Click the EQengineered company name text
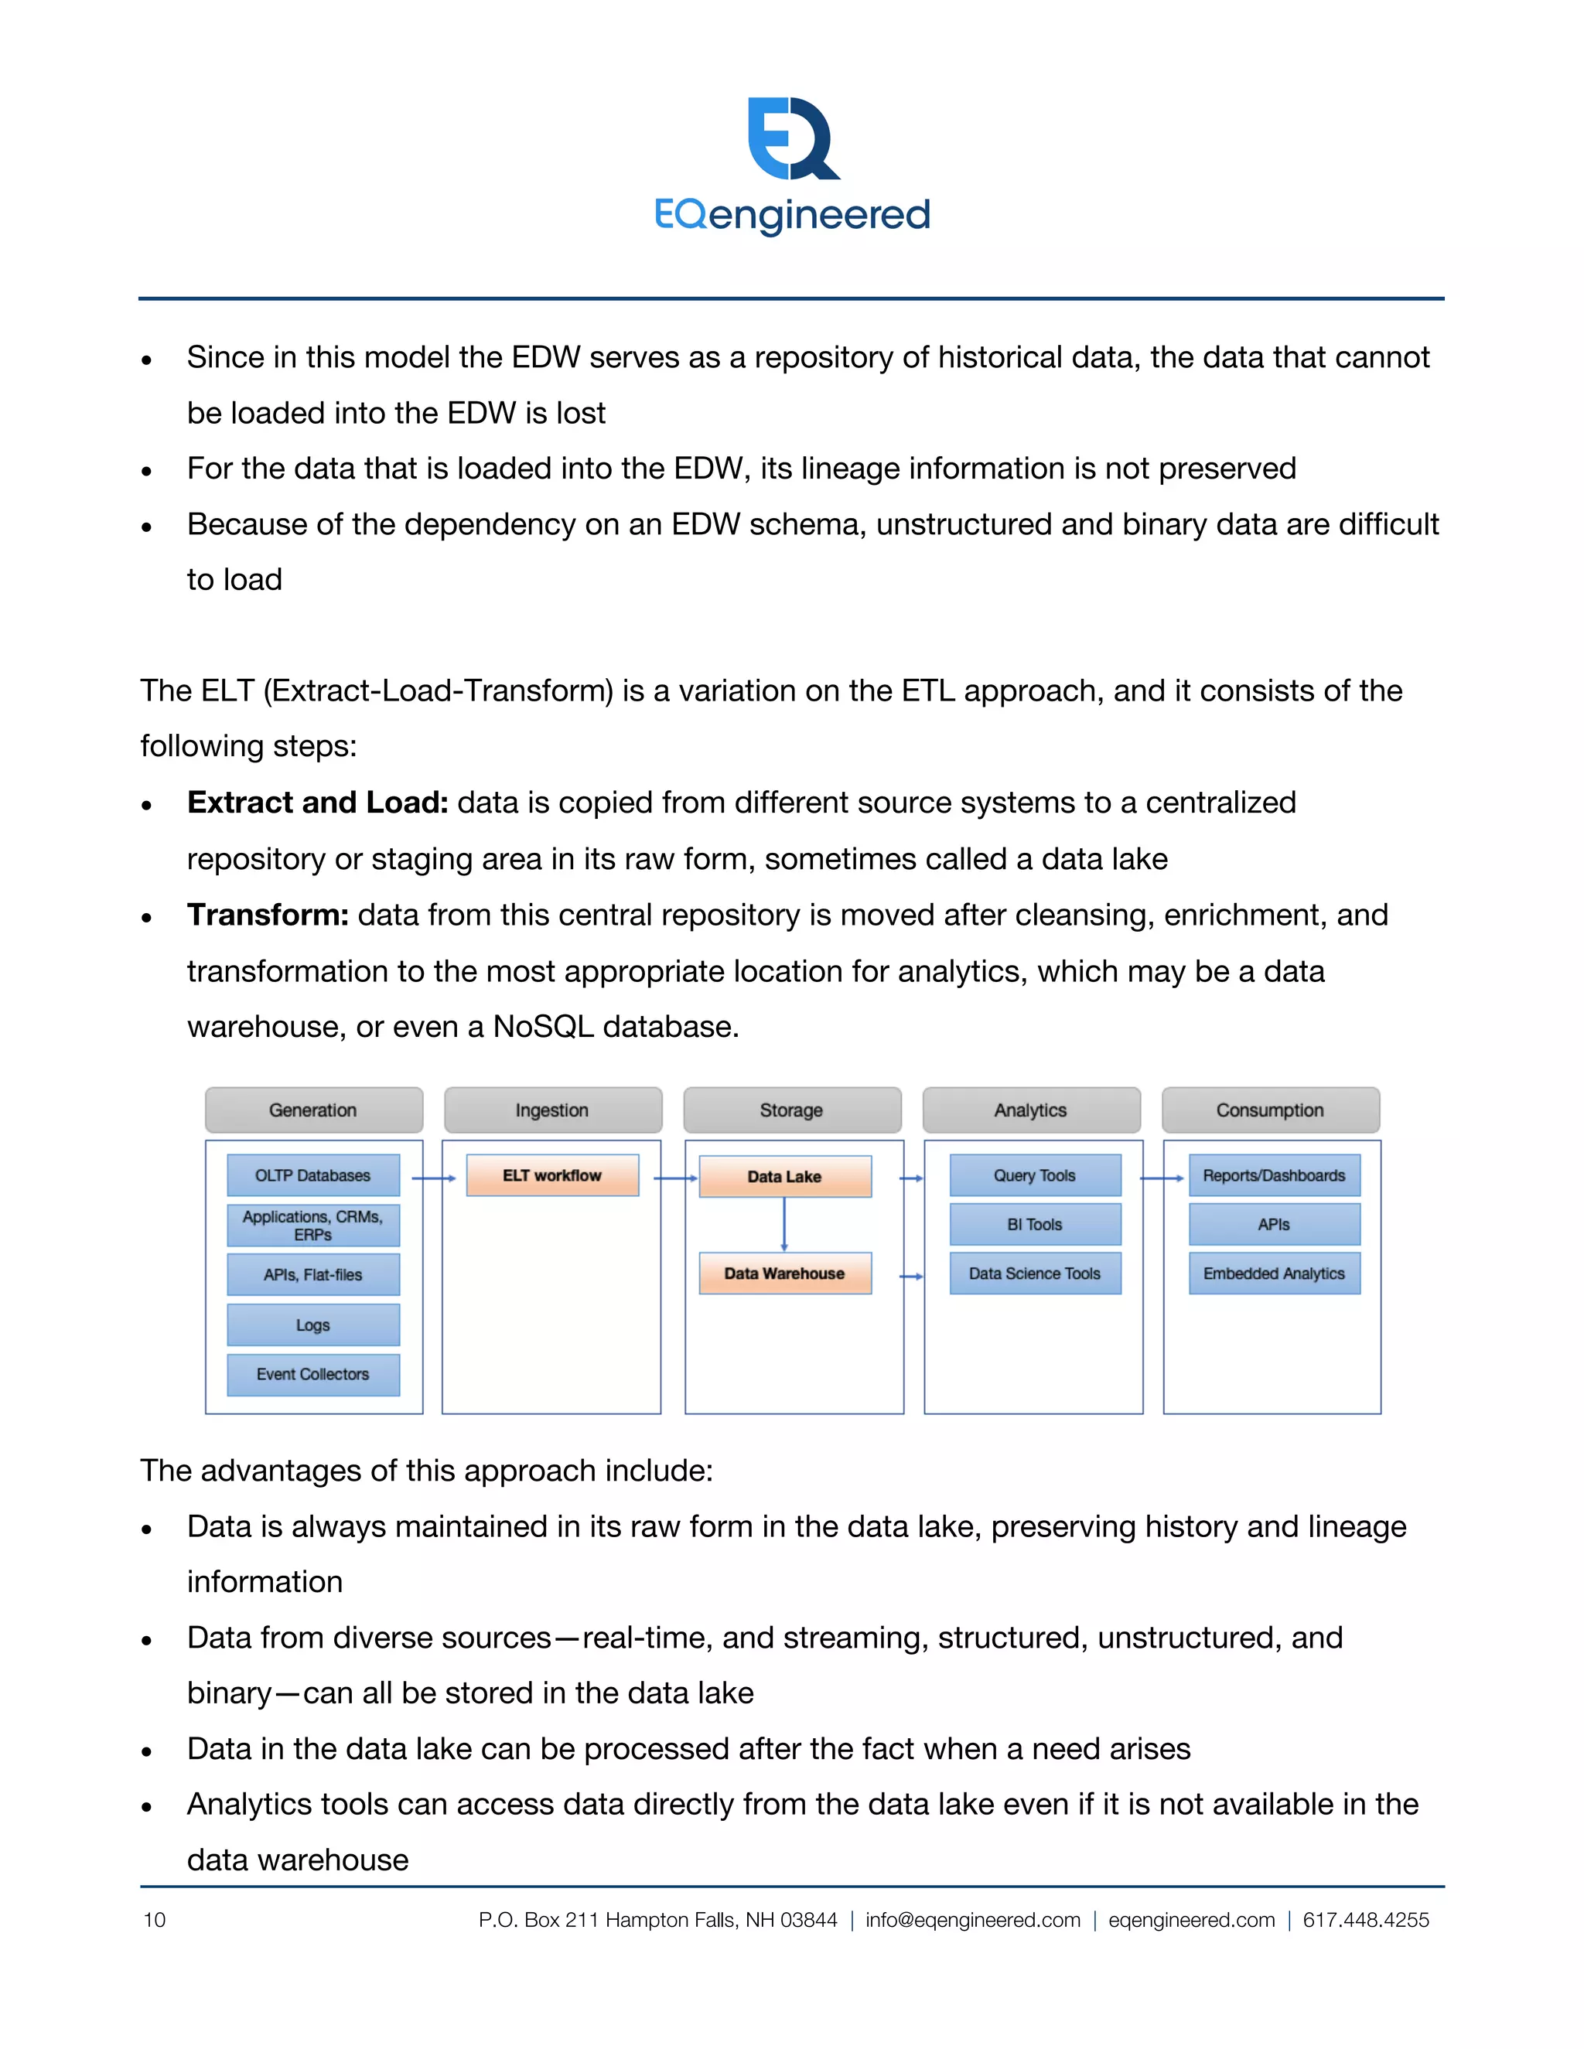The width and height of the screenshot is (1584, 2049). (793, 215)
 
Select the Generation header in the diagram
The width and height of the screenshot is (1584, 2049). (313, 1110)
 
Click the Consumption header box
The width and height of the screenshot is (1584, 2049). (1271, 1110)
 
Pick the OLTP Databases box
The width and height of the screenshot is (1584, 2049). (313, 1175)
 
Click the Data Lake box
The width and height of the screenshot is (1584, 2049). (784, 1177)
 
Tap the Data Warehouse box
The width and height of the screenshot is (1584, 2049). (784, 1273)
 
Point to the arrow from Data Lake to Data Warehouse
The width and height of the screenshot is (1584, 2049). (784, 1224)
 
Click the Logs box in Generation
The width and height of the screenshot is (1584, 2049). (313, 1325)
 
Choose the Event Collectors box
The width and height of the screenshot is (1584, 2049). (313, 1375)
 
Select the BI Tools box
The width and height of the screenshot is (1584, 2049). (1035, 1224)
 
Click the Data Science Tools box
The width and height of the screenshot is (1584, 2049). (1035, 1273)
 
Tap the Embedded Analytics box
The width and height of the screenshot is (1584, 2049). (1275, 1273)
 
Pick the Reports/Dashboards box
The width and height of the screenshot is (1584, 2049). (1275, 1175)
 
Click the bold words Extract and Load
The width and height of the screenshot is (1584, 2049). (317, 803)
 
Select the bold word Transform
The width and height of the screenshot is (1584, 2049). (268, 915)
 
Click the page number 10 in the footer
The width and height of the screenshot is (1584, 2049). (155, 1920)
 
